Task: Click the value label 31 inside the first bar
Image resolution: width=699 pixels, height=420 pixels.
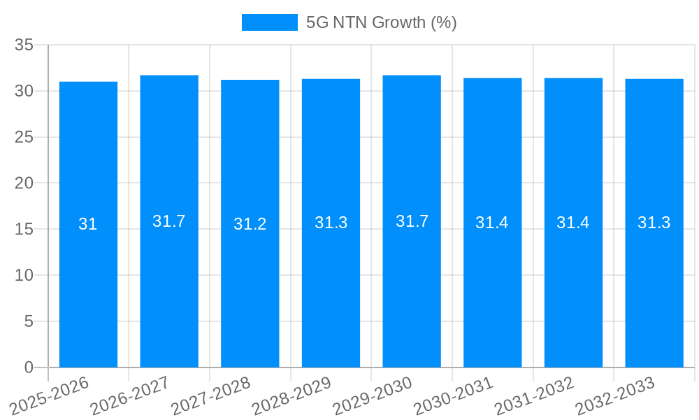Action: tap(88, 225)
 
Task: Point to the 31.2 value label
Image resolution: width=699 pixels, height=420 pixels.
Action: tap(250, 225)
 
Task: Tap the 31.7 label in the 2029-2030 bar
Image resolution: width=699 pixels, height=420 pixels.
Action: tap(412, 221)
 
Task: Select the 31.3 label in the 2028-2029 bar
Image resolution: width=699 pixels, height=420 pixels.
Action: tap(331, 223)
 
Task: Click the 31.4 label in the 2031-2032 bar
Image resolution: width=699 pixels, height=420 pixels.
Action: tap(573, 223)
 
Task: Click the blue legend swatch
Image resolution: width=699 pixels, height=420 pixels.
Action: tap(269, 22)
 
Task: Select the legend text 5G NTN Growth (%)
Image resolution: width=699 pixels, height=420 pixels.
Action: tap(382, 22)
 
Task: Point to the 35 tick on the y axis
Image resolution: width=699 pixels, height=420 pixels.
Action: tap(24, 45)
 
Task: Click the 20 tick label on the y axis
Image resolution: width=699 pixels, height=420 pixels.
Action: tap(24, 183)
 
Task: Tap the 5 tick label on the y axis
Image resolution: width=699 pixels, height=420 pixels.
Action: tap(29, 321)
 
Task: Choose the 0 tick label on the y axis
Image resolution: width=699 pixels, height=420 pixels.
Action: tap(29, 367)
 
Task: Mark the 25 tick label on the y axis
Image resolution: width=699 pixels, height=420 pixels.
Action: tap(24, 137)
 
